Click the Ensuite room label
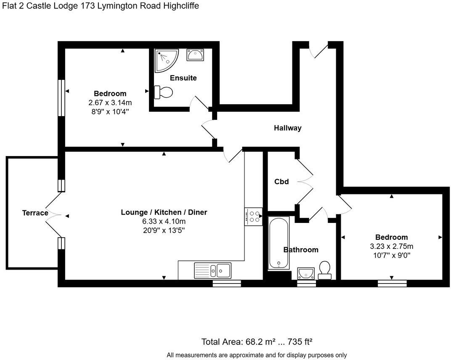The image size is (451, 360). click(x=183, y=78)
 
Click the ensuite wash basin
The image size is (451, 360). click(x=195, y=55)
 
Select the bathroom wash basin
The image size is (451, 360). click(x=306, y=273)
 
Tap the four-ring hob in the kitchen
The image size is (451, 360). click(x=253, y=216)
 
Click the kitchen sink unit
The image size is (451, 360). click(x=212, y=270)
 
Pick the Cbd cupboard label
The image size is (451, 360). click(x=281, y=182)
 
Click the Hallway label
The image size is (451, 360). click(x=288, y=128)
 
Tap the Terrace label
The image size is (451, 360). click(x=35, y=213)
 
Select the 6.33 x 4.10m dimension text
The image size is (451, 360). click(x=164, y=221)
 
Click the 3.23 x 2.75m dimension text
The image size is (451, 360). click(x=392, y=246)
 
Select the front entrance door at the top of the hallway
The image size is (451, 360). click(x=319, y=50)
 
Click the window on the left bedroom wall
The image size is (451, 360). click(x=61, y=98)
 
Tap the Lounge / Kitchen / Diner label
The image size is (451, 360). click(x=164, y=212)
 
